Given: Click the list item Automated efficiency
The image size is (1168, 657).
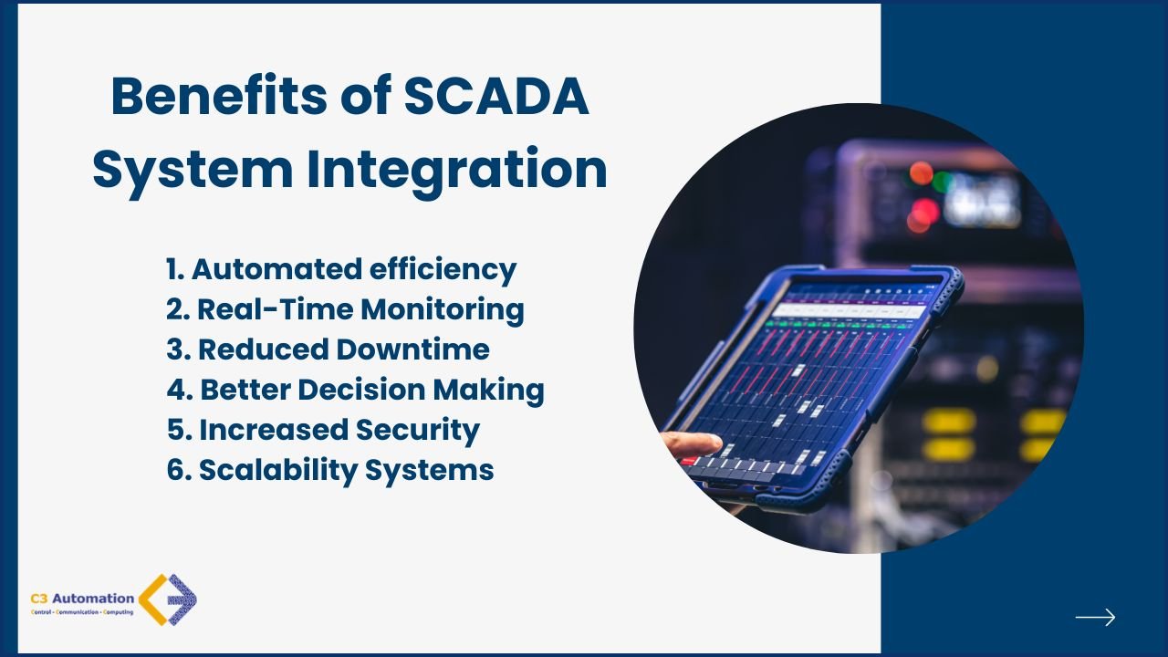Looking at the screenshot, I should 341,270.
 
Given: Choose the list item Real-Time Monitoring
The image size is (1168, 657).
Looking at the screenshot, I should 345,310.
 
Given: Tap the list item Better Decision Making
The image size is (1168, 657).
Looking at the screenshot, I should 356,391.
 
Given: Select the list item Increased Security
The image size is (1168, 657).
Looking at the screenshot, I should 323,430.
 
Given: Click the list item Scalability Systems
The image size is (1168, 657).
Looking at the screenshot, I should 330,470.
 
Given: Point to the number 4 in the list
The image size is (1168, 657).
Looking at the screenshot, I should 177,391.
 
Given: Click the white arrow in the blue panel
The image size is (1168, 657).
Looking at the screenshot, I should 1095,618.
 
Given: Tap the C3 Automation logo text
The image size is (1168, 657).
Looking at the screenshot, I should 82,599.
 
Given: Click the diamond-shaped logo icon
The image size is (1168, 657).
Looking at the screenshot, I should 168,600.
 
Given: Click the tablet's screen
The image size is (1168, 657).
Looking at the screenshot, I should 812,374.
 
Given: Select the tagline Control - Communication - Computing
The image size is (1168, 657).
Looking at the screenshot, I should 82,612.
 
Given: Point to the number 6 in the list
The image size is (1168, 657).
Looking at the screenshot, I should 176,470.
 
